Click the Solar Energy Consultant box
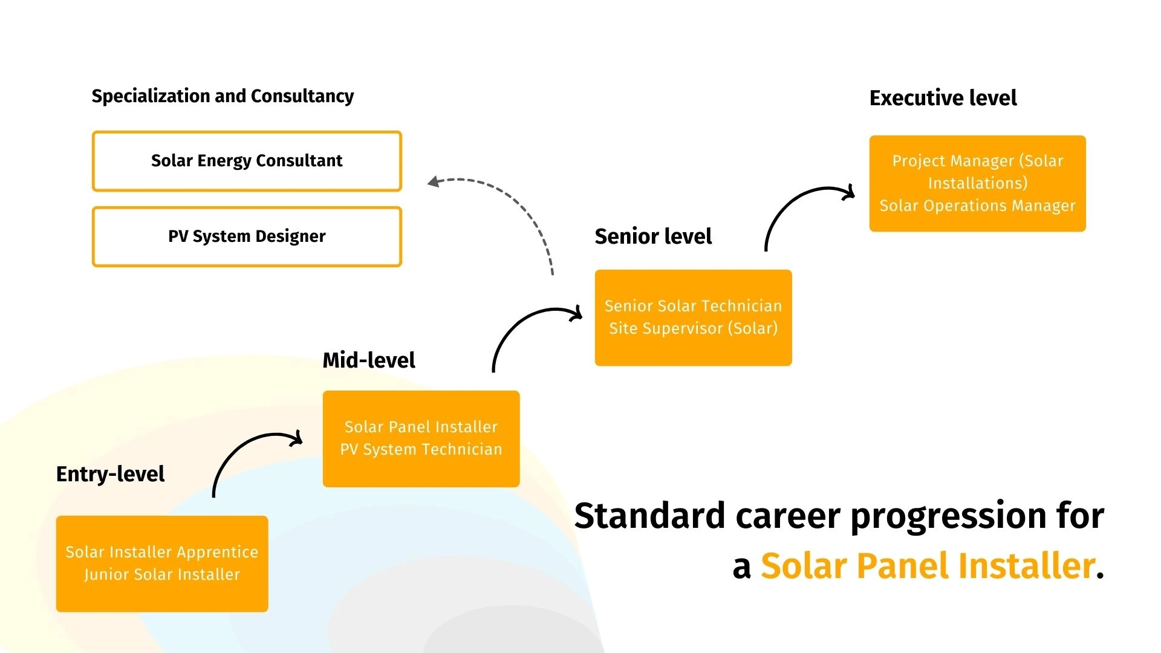tap(247, 161)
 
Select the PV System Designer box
tap(247, 236)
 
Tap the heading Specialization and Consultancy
tap(223, 96)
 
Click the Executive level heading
tap(943, 98)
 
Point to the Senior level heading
tap(653, 236)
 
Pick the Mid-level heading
tap(369, 360)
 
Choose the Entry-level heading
tap(110, 475)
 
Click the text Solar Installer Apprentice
tap(162, 552)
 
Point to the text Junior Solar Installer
tap(162, 574)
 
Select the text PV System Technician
tap(421, 449)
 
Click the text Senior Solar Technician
tap(694, 306)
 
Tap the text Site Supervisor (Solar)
tap(694, 328)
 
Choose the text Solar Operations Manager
tap(978, 206)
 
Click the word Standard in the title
tap(649, 516)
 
